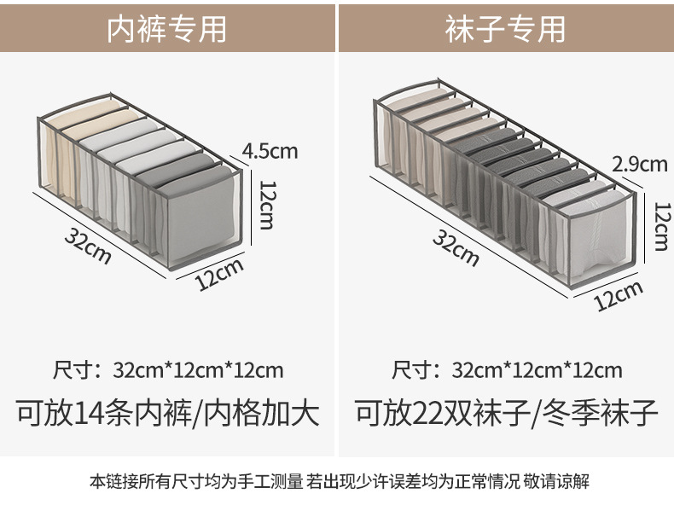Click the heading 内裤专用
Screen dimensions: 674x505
[167, 28]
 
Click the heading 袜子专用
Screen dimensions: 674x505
[505, 28]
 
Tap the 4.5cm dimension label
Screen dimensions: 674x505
[270, 151]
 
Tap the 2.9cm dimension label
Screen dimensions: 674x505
[640, 163]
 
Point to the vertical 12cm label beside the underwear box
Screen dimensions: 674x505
[266, 205]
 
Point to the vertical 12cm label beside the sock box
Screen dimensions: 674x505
[659, 225]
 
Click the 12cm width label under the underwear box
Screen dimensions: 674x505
[220, 276]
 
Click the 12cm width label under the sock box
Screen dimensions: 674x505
[618, 296]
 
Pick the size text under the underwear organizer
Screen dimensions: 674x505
[168, 370]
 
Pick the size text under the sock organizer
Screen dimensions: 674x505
[507, 370]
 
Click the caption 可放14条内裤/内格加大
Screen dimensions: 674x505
[168, 414]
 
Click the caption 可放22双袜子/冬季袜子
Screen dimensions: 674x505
[507, 414]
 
